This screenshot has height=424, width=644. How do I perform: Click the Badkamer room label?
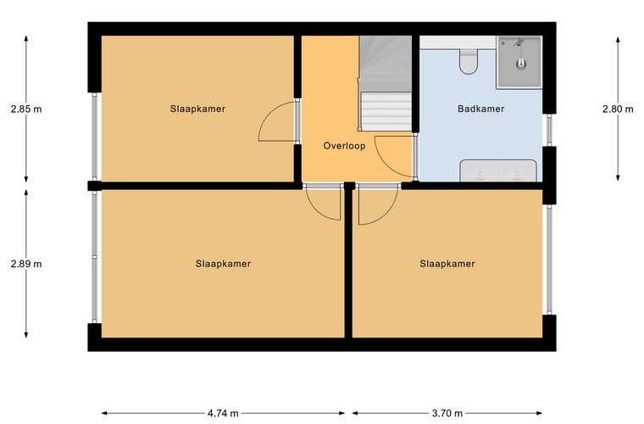pos(480,109)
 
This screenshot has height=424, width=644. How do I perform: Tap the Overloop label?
pos(344,146)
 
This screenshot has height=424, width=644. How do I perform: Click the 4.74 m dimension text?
pos(223,413)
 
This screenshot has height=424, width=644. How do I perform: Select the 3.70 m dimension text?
pos(447,413)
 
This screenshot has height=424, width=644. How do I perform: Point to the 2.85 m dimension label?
pos(26,109)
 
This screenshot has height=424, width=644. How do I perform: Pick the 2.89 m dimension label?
pos(26,264)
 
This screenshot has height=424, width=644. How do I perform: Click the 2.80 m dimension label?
pos(618,109)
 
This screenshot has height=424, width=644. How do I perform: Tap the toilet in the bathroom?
pos(469,62)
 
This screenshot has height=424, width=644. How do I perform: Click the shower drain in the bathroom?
pos(521,64)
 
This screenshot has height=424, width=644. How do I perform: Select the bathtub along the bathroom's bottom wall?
pos(498,170)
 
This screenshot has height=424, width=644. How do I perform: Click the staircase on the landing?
pos(386,83)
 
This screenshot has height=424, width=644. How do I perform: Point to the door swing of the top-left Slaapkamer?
pos(276,121)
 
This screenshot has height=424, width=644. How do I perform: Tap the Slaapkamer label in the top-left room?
pos(197,109)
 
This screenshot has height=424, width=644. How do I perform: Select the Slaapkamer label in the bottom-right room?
pos(447,264)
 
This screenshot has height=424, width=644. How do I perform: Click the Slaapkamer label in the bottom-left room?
pos(223,264)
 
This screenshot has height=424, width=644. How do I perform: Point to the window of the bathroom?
pos(549,130)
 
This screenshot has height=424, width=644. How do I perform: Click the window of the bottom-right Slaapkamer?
pos(549,259)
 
